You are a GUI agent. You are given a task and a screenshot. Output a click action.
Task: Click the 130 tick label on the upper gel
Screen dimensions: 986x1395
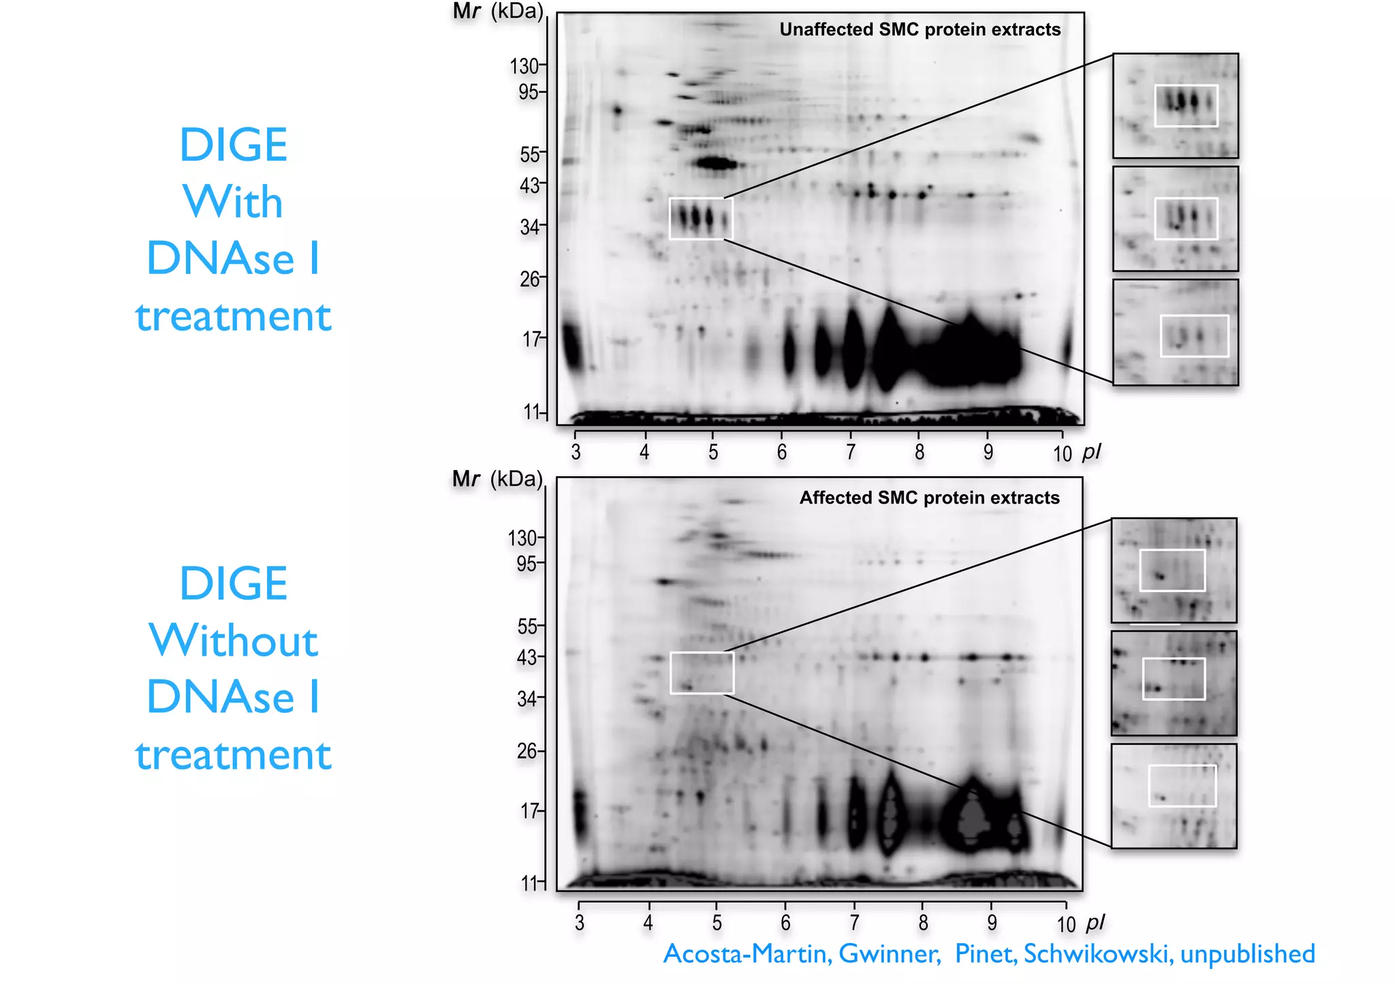(524, 66)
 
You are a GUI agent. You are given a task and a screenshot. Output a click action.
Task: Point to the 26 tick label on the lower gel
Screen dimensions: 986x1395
(527, 751)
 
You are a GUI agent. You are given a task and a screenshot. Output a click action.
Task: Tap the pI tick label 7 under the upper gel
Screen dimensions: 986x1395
(851, 452)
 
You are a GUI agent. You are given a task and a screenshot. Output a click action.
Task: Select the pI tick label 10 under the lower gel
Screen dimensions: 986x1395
(1065, 925)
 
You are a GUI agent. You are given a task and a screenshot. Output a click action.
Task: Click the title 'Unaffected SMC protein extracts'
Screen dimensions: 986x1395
(920, 29)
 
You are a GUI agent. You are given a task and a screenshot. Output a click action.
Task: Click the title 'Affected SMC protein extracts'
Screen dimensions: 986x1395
(929, 497)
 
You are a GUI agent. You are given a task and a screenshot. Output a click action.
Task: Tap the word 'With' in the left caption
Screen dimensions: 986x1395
(233, 202)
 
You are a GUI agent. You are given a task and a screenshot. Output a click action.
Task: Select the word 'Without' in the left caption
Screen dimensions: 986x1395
(233, 641)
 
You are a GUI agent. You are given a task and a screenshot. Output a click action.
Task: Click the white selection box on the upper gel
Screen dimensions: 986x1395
(701, 219)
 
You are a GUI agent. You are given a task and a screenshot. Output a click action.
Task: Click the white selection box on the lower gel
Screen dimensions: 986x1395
(702, 673)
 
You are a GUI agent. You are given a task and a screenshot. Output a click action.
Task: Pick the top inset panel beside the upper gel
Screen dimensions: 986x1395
(1175, 106)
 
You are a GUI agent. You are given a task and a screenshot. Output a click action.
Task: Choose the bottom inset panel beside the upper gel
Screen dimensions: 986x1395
(1175, 332)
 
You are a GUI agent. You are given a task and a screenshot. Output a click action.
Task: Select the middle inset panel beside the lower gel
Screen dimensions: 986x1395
(1174, 683)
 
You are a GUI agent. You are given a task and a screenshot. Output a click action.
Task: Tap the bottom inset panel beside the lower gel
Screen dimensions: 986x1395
(1174, 796)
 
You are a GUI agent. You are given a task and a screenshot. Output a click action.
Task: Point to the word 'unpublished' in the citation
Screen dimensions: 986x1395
(1247, 954)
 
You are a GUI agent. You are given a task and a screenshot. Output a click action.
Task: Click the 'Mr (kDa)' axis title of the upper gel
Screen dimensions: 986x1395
(497, 11)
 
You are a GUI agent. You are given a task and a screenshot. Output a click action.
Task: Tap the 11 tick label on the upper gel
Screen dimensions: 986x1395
(531, 412)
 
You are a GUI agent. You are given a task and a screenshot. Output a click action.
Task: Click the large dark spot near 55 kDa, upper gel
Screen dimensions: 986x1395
(715, 164)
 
